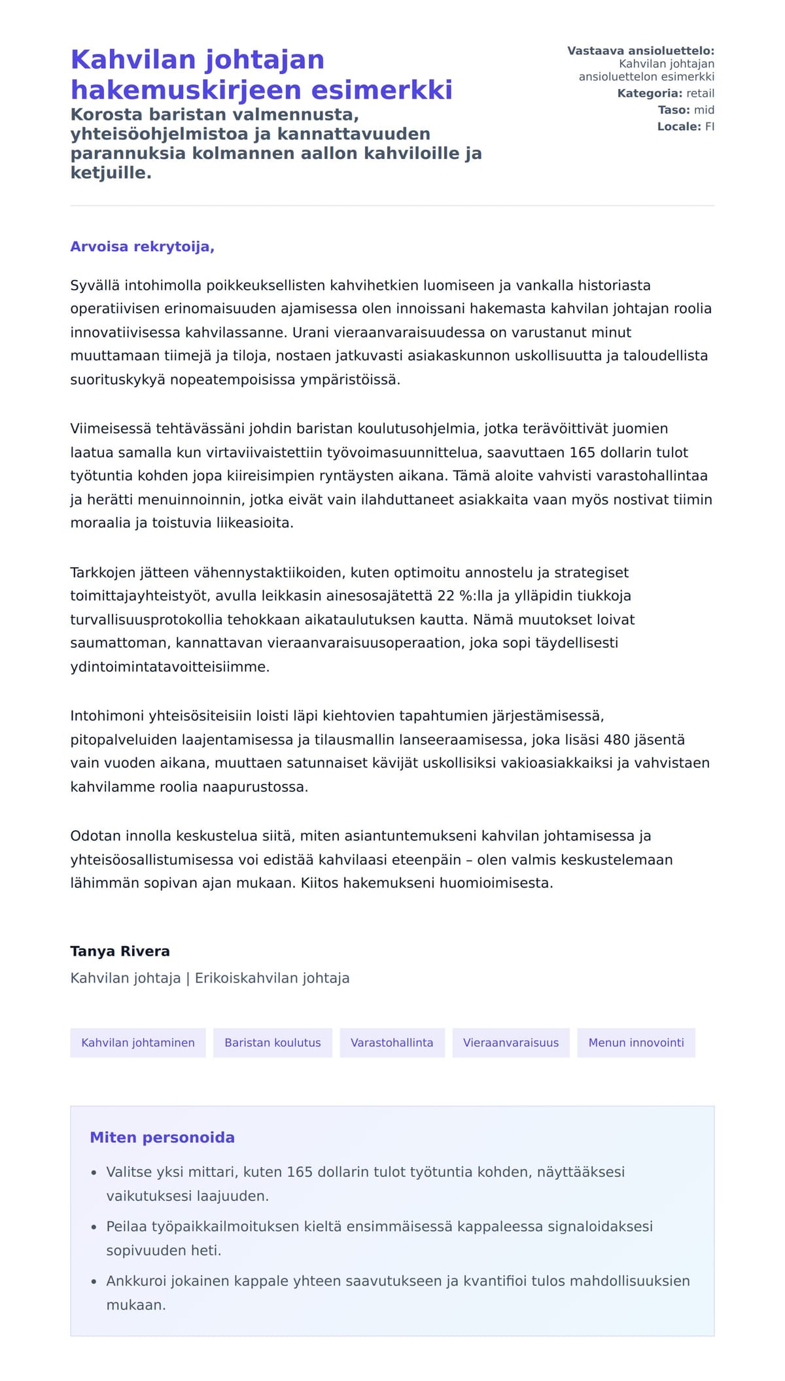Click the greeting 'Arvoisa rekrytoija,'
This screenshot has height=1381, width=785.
142,247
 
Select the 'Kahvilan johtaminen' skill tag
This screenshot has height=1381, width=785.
138,1042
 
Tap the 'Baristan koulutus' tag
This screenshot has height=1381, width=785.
273,1042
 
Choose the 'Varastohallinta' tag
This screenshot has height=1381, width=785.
392,1042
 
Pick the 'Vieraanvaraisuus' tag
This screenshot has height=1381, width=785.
511,1042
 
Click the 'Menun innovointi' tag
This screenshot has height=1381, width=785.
636,1042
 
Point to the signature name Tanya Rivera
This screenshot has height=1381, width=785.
120,951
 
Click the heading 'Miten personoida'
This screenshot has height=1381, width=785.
162,1137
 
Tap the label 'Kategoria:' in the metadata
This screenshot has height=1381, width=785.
650,94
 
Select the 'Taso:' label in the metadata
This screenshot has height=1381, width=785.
674,110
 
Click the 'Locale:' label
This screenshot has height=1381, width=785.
679,126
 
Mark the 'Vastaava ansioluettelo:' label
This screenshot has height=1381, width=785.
640,50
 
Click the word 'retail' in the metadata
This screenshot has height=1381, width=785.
700,94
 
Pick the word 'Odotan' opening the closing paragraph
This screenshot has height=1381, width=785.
94,835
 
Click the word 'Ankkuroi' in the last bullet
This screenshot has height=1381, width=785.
135,1280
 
